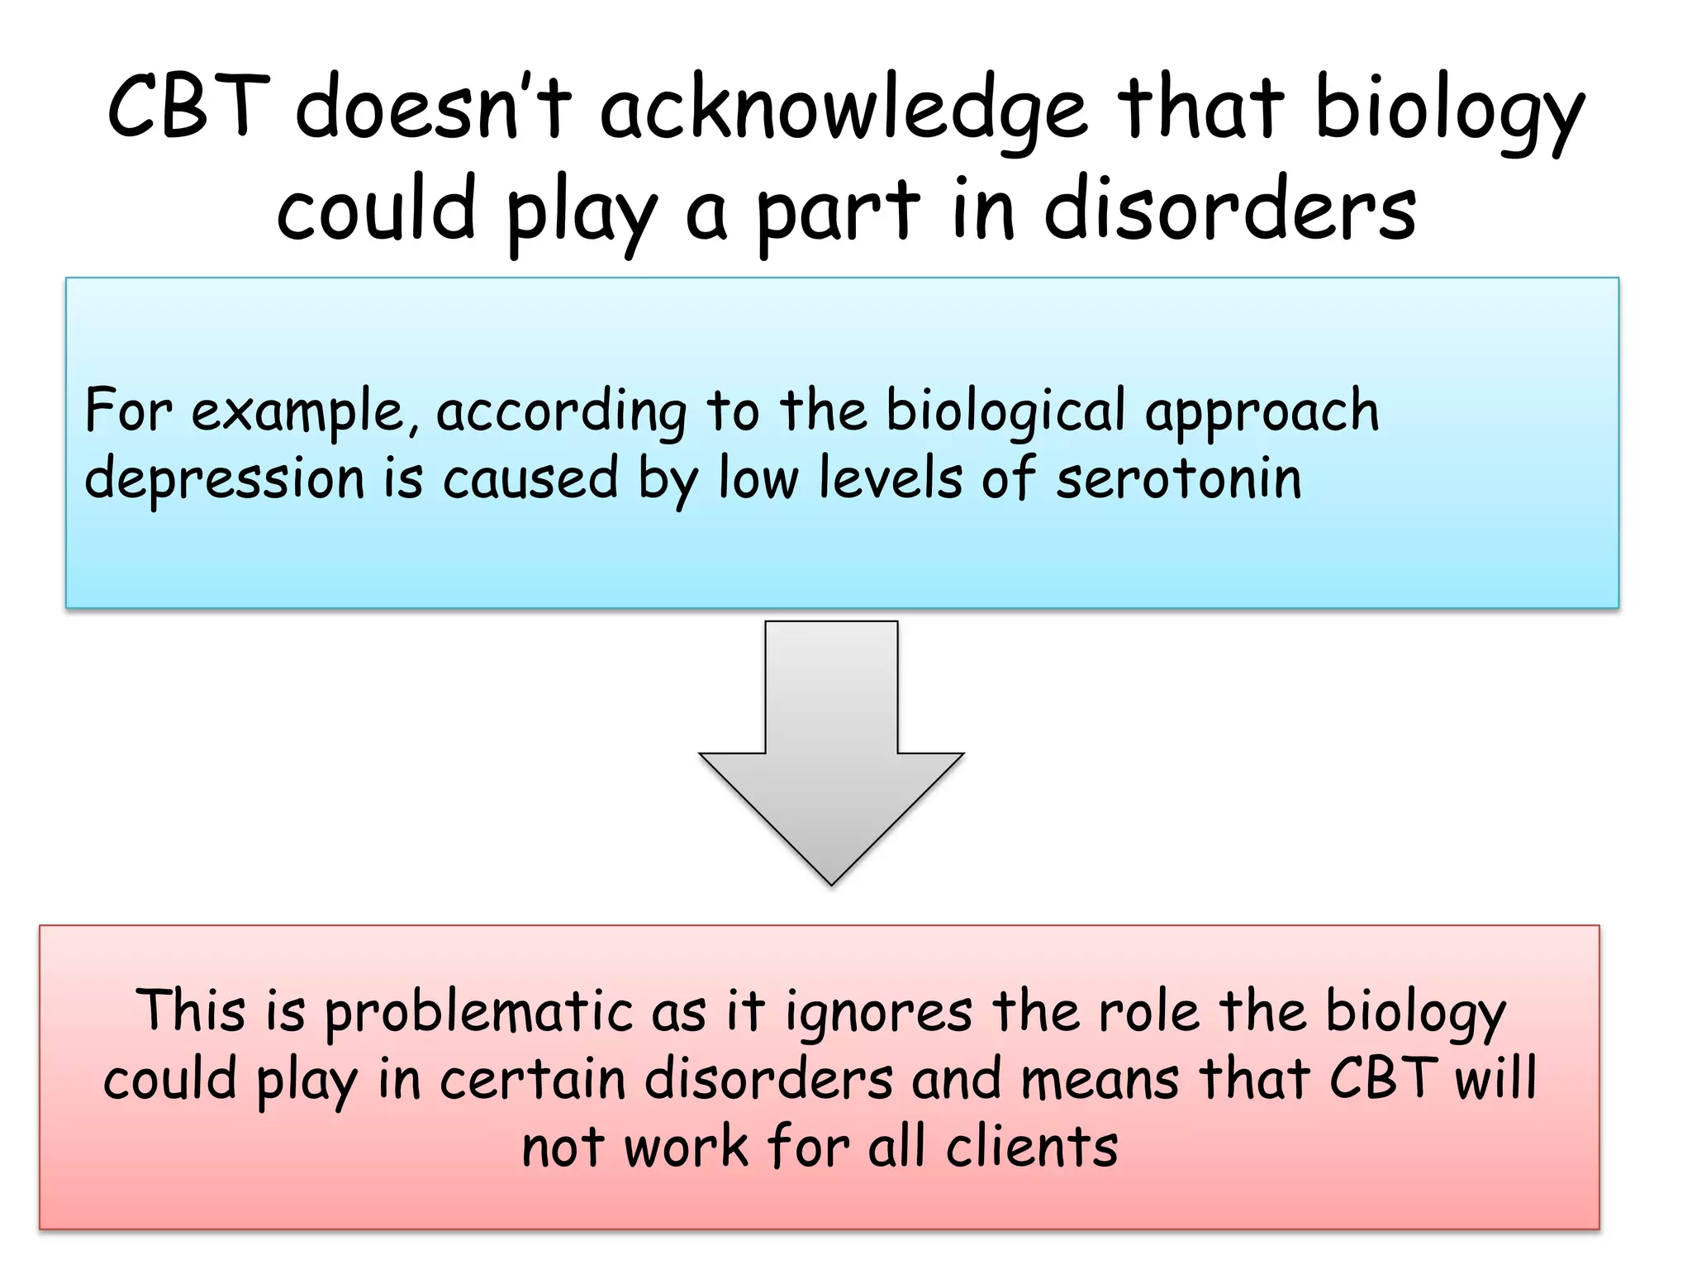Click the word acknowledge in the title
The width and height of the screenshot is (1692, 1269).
(x=844, y=112)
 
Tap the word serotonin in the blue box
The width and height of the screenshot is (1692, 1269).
(x=1179, y=478)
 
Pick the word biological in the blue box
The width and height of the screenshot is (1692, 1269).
(x=1005, y=411)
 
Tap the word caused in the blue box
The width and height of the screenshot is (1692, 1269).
(x=530, y=478)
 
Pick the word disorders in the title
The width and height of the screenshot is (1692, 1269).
(x=1230, y=210)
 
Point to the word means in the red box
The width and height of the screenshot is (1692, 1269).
(x=1100, y=1079)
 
